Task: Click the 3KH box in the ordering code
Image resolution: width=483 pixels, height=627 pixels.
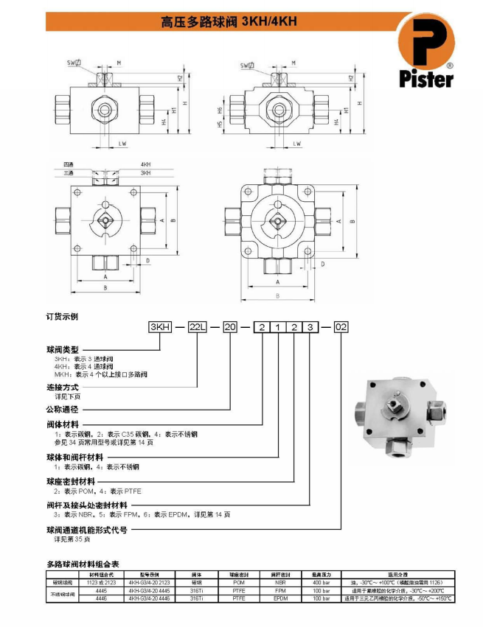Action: point(161,326)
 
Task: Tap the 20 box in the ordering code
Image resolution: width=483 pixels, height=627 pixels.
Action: point(230,326)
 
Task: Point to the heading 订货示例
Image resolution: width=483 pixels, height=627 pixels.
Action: point(63,316)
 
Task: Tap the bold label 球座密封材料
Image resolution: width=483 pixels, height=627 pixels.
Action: point(70,481)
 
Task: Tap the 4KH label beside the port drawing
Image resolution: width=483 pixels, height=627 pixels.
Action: point(145,164)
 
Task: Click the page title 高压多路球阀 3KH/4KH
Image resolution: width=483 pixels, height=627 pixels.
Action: point(229,21)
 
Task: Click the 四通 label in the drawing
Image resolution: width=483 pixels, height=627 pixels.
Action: point(69,164)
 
